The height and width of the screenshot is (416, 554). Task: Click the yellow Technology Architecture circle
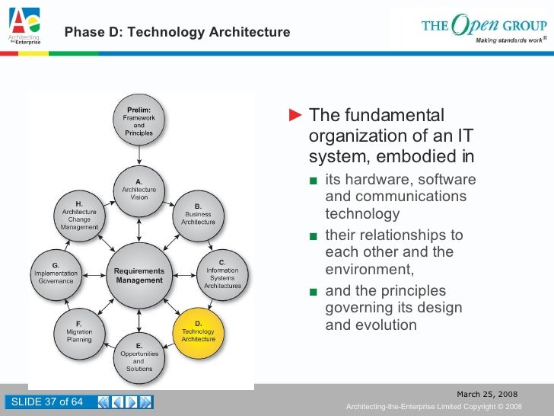198,332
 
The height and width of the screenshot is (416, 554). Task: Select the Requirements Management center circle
139,275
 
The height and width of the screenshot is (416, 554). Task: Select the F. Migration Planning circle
79,332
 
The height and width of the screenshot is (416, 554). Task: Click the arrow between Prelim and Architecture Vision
139,155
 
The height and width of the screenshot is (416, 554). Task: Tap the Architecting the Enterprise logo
24,28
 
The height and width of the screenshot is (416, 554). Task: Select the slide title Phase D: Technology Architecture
177,32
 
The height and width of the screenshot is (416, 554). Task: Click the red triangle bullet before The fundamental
298,116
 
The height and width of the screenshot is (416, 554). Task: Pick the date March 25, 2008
486,394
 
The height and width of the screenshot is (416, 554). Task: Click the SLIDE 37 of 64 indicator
45,402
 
